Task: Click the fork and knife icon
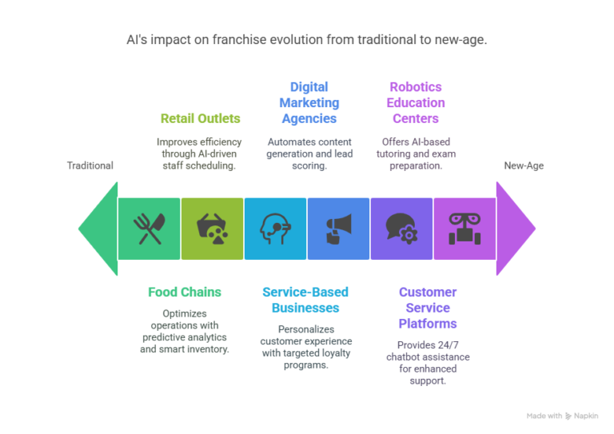point(150,229)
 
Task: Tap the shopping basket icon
point(212,229)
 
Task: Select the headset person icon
point(275,229)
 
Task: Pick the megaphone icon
point(339,229)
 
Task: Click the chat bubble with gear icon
point(402,229)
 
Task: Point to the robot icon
point(464,229)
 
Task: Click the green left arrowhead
point(98,229)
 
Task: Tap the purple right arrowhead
point(516,229)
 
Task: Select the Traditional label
point(90,165)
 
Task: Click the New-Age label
point(524,165)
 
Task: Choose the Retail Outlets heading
point(201,118)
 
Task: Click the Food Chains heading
point(185,292)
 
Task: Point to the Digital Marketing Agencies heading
point(309,102)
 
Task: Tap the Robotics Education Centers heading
point(416,102)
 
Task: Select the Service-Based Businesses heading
point(305,300)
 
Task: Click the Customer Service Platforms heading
point(428,308)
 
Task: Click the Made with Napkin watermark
point(562,416)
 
